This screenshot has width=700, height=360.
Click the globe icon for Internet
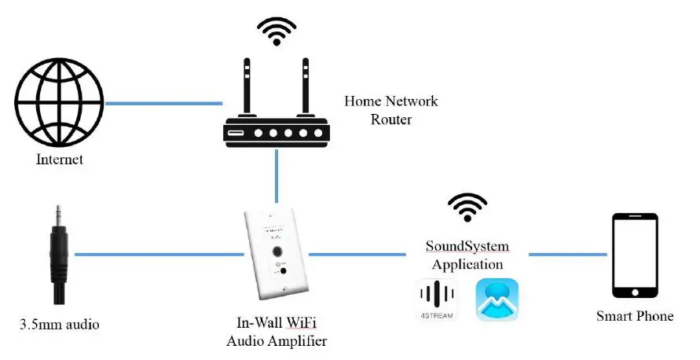(x=60, y=101)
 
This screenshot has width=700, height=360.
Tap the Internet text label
(x=60, y=160)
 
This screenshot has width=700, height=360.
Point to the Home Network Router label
(x=390, y=110)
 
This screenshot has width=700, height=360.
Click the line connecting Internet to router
(x=163, y=103)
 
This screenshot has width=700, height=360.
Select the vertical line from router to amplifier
(x=277, y=179)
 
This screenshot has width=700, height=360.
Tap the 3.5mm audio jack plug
(x=57, y=252)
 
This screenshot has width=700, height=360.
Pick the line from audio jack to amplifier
(x=157, y=254)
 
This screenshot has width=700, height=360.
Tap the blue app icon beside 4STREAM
(x=497, y=299)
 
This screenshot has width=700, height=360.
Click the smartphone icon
(x=635, y=255)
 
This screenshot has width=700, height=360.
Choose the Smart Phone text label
(x=635, y=316)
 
